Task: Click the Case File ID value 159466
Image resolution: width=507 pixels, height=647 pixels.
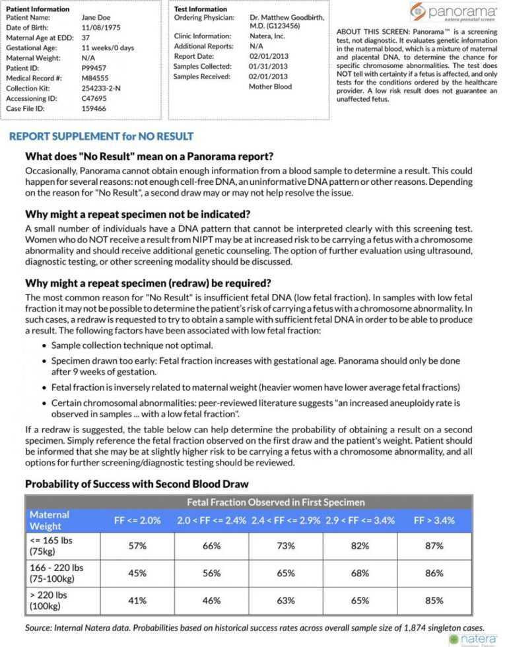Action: (94, 108)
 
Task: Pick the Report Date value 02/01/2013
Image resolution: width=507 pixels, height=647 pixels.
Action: (269, 56)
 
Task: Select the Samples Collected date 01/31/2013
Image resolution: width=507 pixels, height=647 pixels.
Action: (268, 66)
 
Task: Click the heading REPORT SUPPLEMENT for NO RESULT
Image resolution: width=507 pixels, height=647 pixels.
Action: (101, 137)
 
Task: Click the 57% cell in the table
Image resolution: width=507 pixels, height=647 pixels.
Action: (137, 546)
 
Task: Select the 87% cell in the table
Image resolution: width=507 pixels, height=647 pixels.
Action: (434, 546)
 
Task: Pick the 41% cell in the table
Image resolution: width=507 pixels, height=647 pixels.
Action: (137, 601)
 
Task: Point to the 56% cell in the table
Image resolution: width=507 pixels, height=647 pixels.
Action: (211, 573)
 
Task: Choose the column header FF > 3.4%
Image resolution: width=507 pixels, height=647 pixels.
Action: (434, 520)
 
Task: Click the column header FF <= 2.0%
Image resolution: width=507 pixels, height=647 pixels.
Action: (137, 520)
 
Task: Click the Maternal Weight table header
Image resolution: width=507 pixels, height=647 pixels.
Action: (50, 520)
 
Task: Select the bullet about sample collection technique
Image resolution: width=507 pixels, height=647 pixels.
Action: (132, 345)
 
